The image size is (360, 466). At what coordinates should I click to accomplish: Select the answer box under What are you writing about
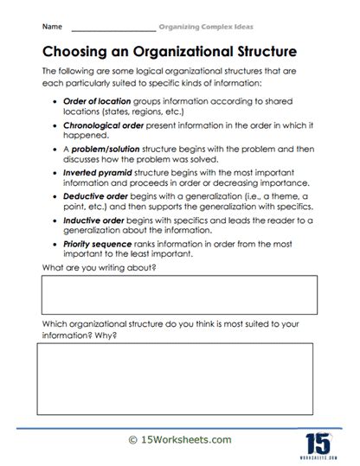179,295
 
